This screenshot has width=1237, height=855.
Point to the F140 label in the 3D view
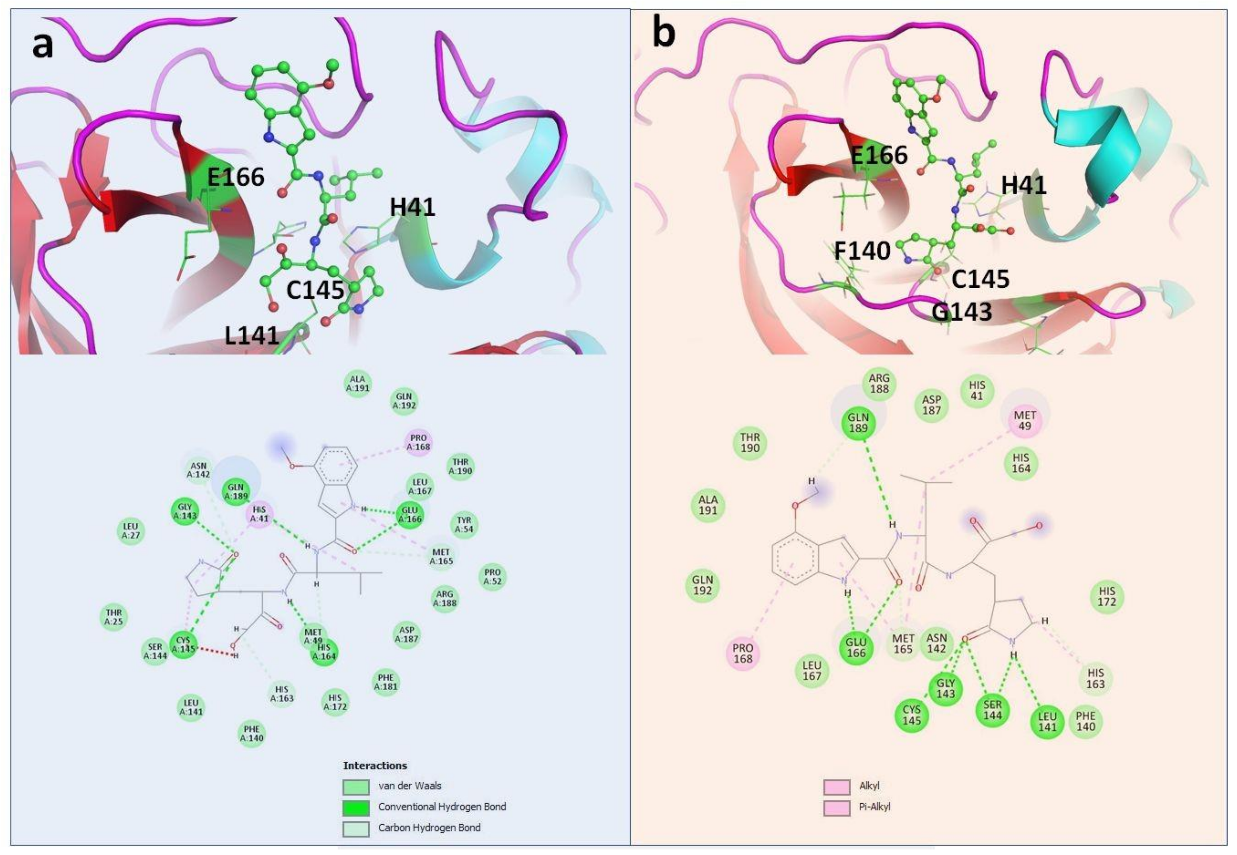862,251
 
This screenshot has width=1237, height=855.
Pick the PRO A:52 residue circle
492,577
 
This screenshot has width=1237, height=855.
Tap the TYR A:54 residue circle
464,525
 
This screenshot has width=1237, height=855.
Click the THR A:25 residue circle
114,617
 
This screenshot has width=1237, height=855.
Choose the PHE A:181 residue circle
386,682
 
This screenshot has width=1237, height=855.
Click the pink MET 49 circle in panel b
1024,420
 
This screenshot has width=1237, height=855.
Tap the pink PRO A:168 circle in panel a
418,442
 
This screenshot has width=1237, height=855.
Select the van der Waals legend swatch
356,786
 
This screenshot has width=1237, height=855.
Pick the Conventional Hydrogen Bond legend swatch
356,807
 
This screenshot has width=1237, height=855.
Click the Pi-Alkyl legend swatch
837,807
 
